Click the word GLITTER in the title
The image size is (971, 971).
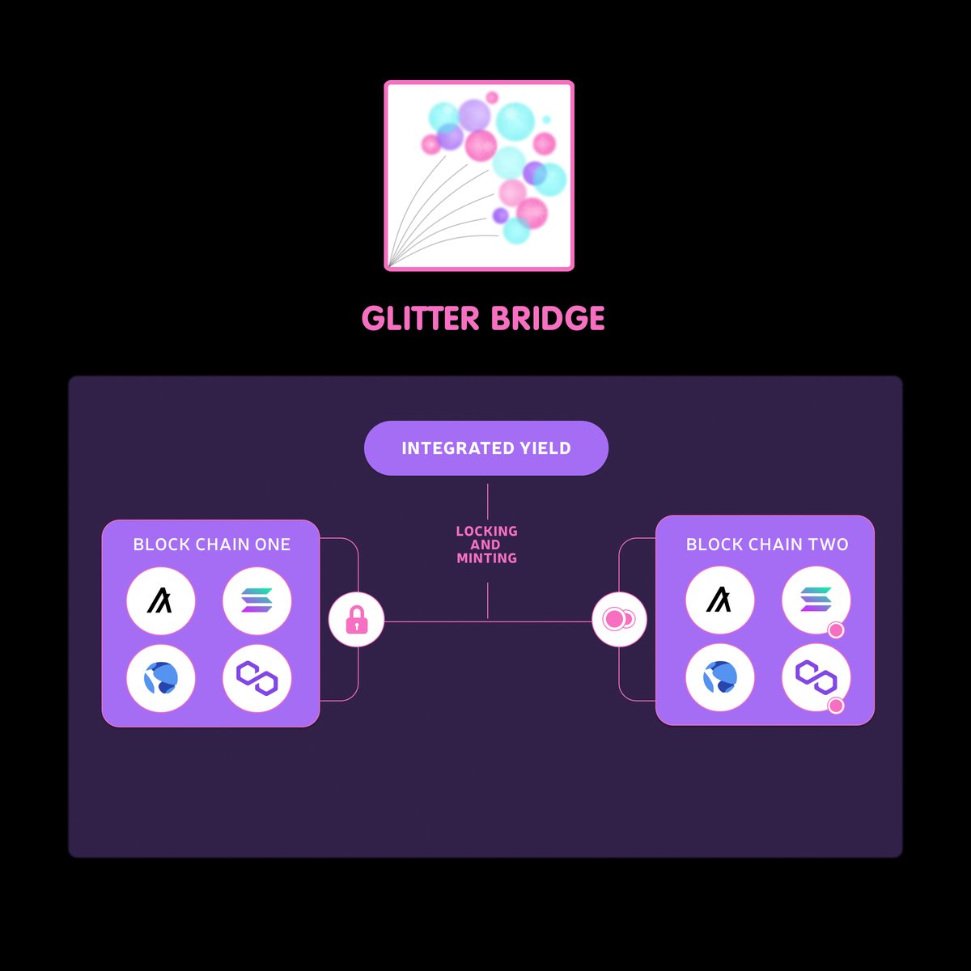pyautogui.click(x=421, y=318)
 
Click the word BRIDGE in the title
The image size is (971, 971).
pyautogui.click(x=548, y=318)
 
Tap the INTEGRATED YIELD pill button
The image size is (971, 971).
pyautogui.click(x=486, y=448)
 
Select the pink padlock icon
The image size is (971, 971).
pyautogui.click(x=356, y=621)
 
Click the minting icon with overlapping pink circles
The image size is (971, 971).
pyautogui.click(x=619, y=620)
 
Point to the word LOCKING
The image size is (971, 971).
pyautogui.click(x=486, y=531)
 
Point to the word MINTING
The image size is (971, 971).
pyautogui.click(x=486, y=558)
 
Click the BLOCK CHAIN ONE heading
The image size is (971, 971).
pyautogui.click(x=211, y=545)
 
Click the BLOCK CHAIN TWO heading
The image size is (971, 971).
pyautogui.click(x=767, y=545)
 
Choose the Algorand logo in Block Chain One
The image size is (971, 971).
pyautogui.click(x=161, y=601)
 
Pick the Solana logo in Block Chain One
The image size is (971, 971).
pyautogui.click(x=257, y=601)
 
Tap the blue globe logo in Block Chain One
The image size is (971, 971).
pyautogui.click(x=161, y=678)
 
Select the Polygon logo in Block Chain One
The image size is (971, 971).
pyautogui.click(x=257, y=678)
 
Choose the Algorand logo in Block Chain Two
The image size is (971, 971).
pyautogui.click(x=719, y=600)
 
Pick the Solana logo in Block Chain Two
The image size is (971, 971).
pyautogui.click(x=815, y=600)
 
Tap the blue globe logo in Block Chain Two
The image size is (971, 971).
pyautogui.click(x=719, y=677)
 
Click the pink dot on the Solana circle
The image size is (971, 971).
pyautogui.click(x=836, y=630)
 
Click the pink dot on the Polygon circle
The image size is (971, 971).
pyautogui.click(x=836, y=706)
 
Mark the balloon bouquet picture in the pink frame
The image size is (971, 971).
pyautogui.click(x=479, y=176)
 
